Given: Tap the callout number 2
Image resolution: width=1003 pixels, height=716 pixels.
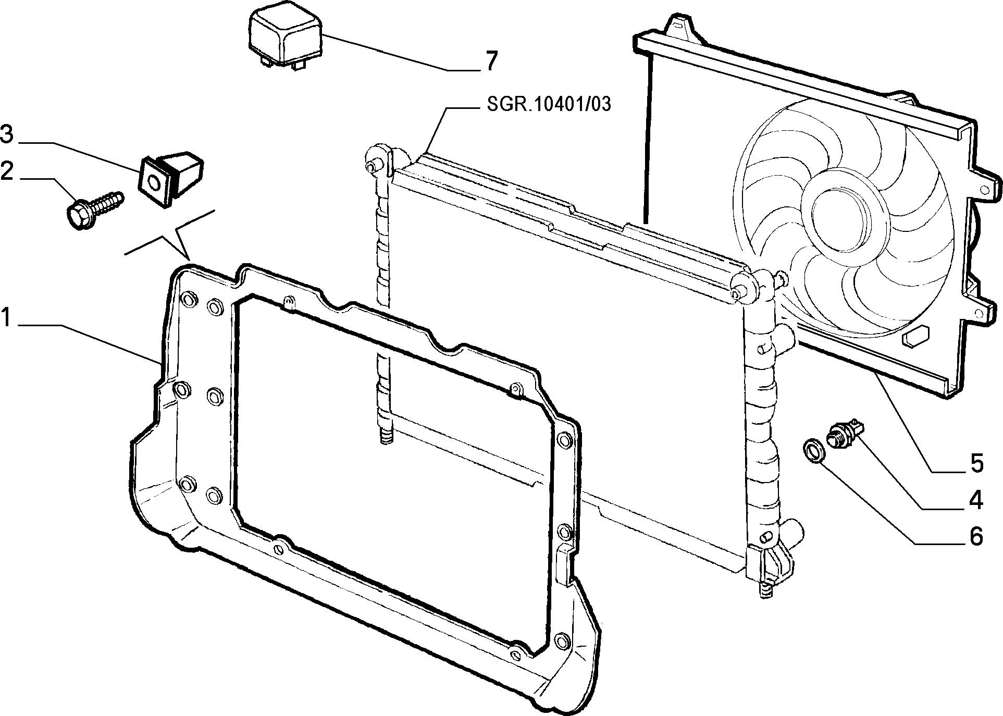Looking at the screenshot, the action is pos(7,171).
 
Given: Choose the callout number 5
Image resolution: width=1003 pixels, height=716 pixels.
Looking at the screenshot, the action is pos(975,463).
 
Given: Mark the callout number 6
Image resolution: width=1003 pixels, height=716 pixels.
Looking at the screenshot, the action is pos(975,536).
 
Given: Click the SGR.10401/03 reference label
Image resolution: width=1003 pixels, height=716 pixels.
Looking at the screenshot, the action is pos(549,105).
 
